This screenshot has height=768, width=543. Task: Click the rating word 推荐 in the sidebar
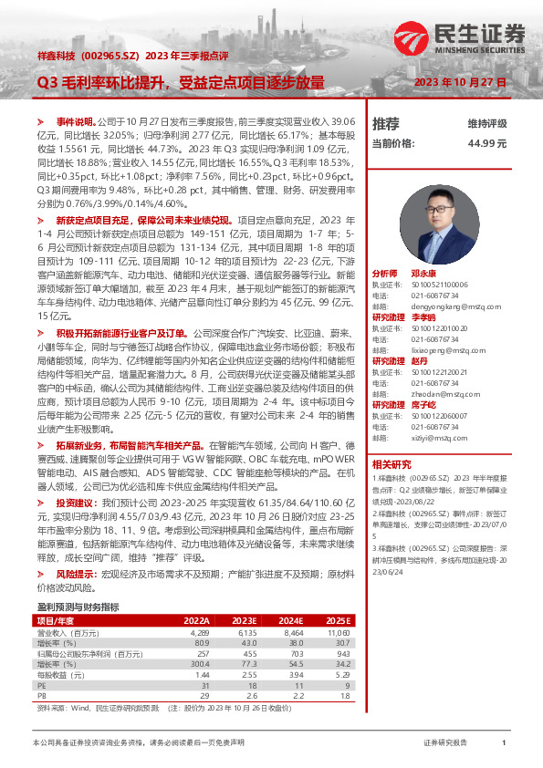pos(386,123)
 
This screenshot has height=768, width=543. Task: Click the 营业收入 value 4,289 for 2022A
pos(199,631)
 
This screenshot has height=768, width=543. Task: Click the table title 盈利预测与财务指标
pos(78,607)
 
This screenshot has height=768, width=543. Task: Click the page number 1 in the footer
pos(504,744)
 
